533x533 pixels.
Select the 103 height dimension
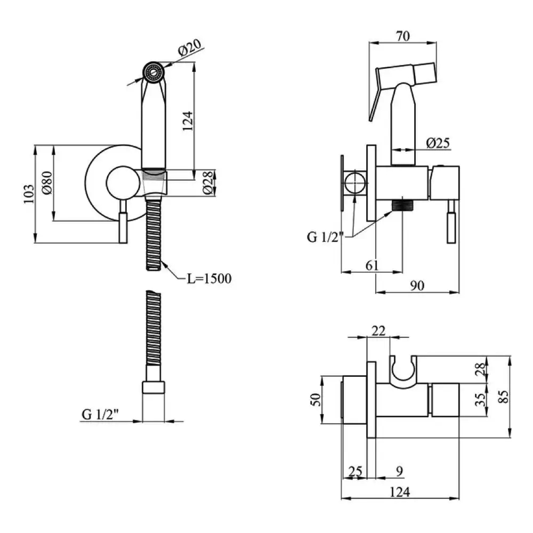click(29, 194)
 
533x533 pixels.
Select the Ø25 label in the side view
click(438, 142)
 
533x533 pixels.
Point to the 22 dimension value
click(378, 331)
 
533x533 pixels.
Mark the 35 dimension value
click(479, 399)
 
